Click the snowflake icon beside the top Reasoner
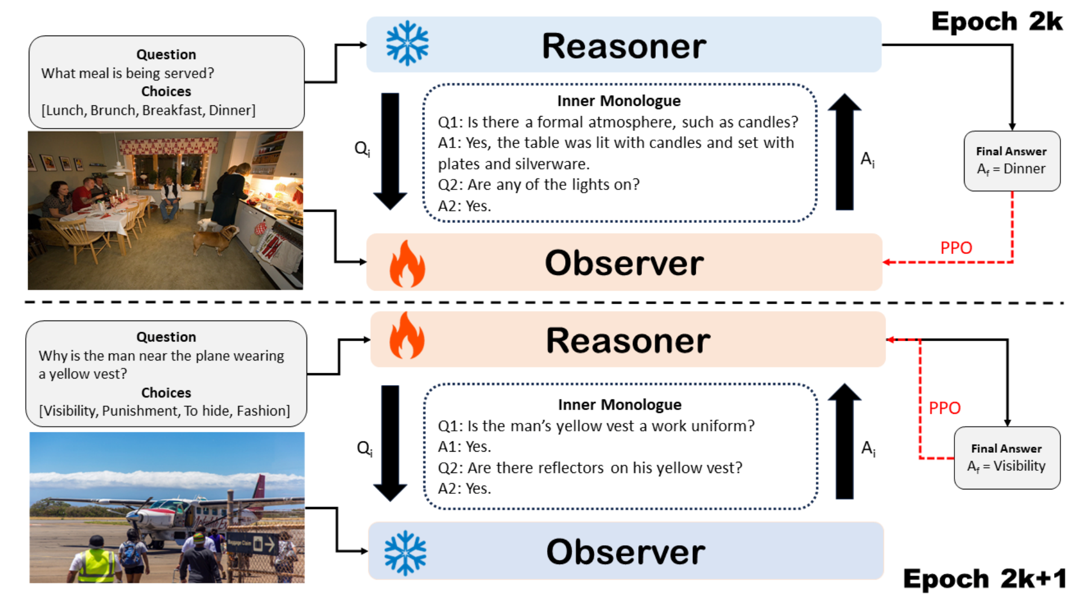(x=407, y=43)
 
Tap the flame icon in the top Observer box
(x=407, y=264)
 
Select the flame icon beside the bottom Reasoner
(x=407, y=336)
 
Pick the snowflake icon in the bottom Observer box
(x=405, y=552)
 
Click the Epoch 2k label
(x=997, y=22)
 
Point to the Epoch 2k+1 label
(x=984, y=578)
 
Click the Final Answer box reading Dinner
(x=1011, y=161)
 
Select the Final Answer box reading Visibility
(x=1007, y=458)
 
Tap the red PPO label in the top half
(x=956, y=248)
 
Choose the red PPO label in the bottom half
(x=944, y=408)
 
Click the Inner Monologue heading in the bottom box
(x=620, y=404)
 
